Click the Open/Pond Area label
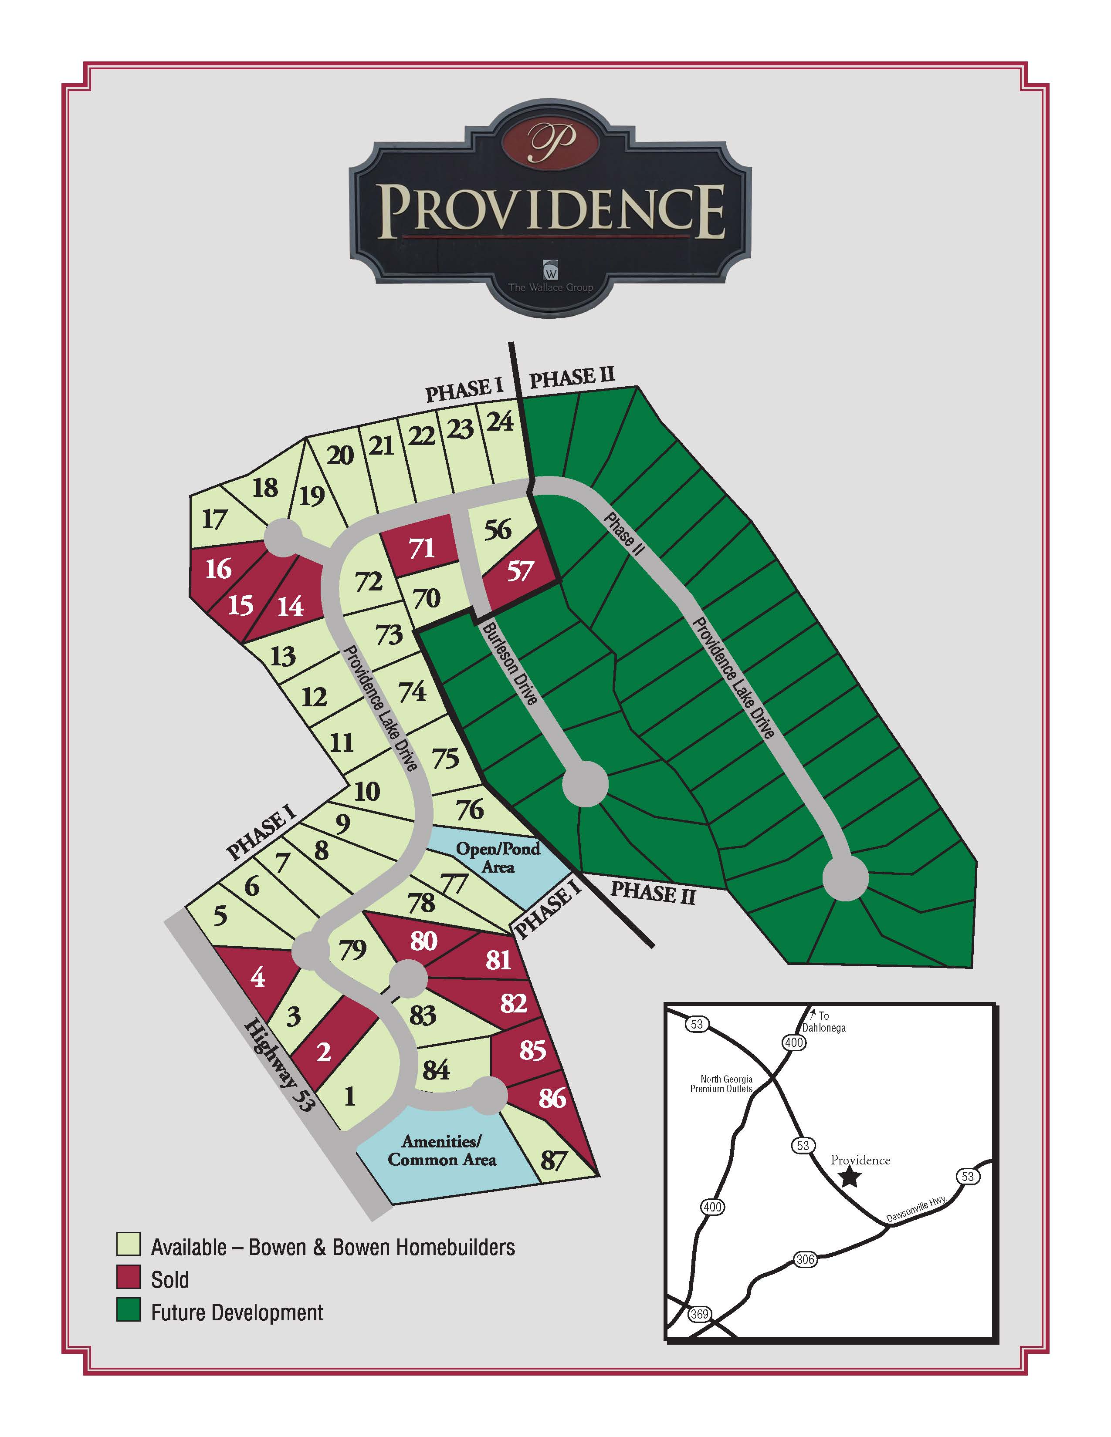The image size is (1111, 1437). pos(498,858)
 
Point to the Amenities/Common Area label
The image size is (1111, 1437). pos(442,1150)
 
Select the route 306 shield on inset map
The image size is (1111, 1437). pos(805,1259)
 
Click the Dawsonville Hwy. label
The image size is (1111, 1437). pos(916,1209)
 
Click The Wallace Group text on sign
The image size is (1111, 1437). pos(550,287)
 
